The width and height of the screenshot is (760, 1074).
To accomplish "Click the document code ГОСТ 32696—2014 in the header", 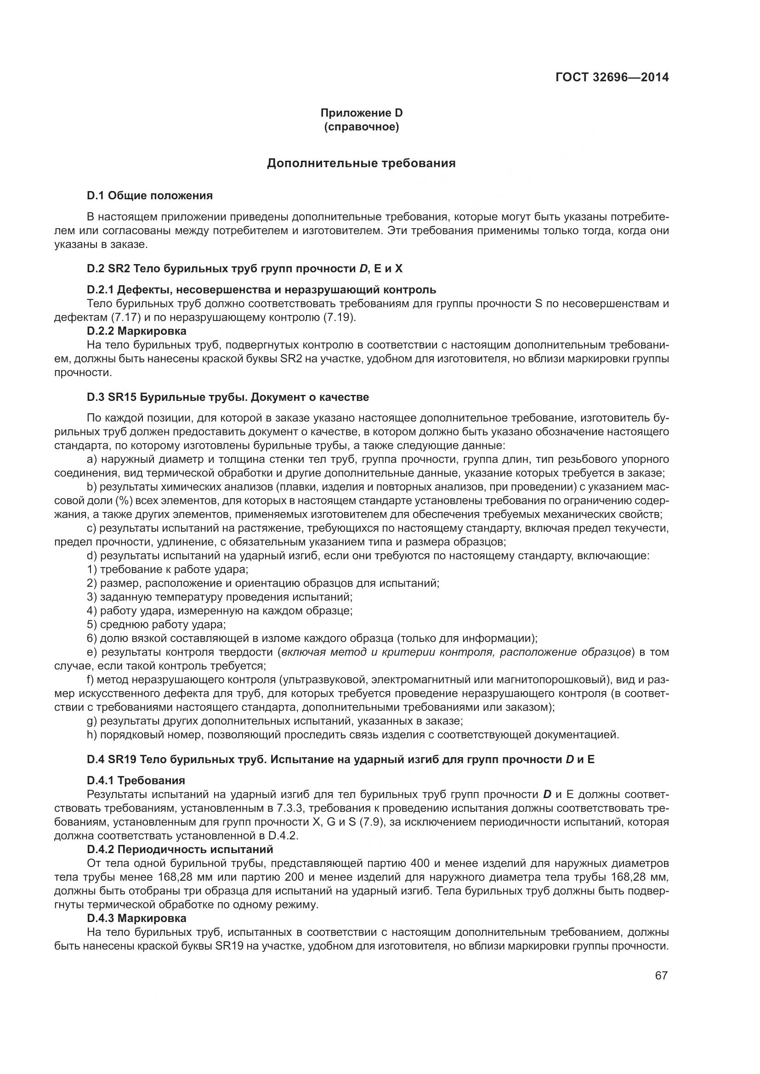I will click(612, 77).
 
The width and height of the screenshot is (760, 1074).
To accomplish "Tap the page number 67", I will click(661, 975).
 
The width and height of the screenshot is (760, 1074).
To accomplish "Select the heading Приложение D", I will click(361, 113).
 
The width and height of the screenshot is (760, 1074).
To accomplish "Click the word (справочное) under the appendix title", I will click(361, 127).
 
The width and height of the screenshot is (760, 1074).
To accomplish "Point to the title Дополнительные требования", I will click(361, 163).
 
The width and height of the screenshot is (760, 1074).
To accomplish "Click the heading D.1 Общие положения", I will click(150, 196).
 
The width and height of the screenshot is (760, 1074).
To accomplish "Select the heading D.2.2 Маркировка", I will click(136, 331).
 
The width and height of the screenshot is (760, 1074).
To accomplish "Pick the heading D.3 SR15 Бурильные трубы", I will click(228, 397).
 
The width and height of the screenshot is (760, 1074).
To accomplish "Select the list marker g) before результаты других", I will click(92, 721).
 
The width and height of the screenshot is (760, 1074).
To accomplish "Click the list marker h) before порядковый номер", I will click(92, 735).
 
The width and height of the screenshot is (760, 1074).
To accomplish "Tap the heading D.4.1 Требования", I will click(136, 780).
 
